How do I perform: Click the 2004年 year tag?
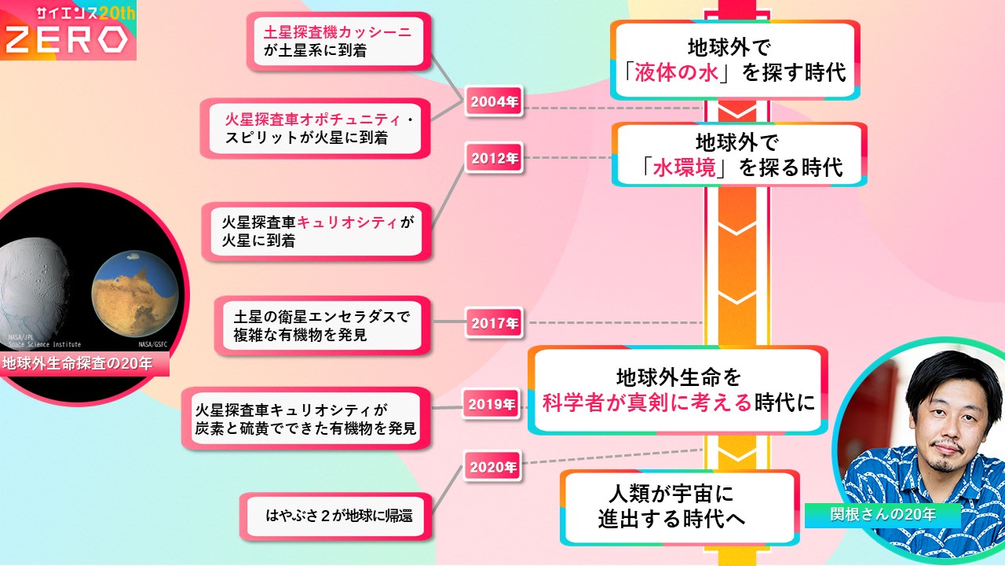[495, 101]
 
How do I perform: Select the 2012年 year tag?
[495, 158]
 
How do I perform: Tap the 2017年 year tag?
[495, 322]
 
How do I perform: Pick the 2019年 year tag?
[492, 405]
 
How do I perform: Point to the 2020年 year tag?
[494, 467]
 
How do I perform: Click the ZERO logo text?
[66, 39]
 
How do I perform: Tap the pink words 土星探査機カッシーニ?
[338, 31]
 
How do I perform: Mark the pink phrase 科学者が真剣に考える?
[648, 403]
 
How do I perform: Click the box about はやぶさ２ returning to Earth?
[339, 516]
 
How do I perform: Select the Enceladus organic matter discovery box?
[323, 325]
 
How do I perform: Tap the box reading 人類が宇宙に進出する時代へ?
[680, 508]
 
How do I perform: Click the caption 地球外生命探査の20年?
[78, 364]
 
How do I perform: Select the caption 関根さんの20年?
[883, 516]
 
